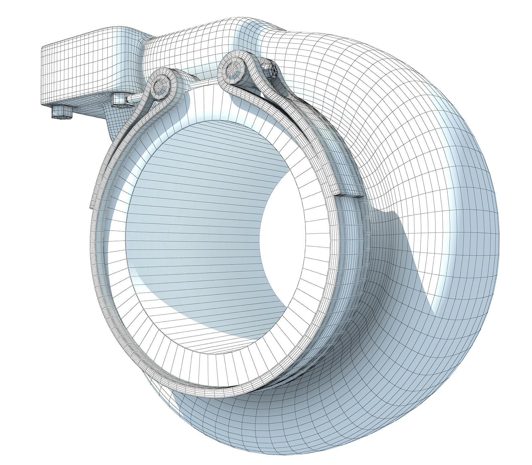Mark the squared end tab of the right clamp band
click(349, 194)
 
